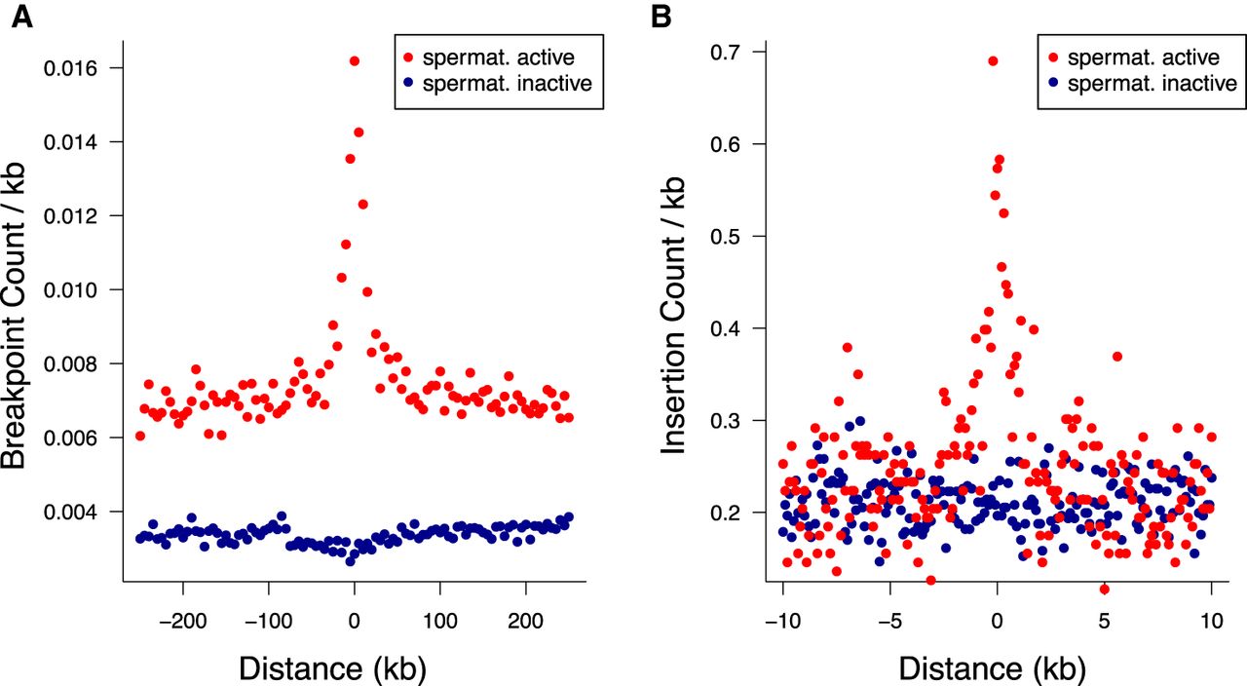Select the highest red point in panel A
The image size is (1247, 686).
point(354,61)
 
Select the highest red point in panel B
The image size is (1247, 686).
point(993,60)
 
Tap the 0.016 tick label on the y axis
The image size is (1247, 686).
point(83,68)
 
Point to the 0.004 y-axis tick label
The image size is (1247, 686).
point(83,512)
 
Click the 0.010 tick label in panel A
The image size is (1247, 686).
point(83,290)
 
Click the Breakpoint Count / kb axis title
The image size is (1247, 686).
point(20,316)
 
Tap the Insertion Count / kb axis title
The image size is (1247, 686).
point(675,317)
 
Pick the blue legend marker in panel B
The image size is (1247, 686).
point(1056,84)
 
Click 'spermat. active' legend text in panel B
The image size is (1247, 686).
point(1140,57)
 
